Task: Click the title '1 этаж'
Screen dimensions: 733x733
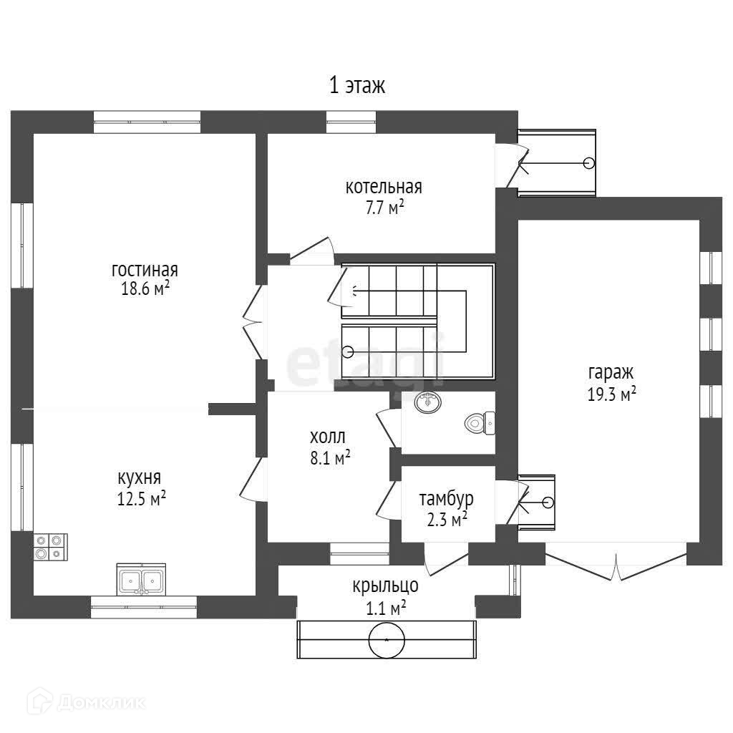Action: tap(356, 87)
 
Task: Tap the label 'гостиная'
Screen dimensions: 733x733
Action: tap(145, 271)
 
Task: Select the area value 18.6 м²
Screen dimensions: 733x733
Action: tap(145, 288)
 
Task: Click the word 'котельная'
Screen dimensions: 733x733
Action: tap(384, 188)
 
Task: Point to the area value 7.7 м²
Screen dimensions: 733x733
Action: tap(384, 207)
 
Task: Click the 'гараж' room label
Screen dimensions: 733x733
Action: tap(611, 373)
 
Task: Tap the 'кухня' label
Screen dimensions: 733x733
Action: tap(140, 478)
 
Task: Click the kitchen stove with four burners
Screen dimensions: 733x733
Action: tap(50, 547)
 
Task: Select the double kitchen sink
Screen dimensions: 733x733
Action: tap(142, 579)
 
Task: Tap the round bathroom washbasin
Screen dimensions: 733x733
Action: tap(429, 402)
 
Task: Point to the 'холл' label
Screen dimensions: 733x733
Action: tap(327, 437)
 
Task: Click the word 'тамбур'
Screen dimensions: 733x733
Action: tap(446, 498)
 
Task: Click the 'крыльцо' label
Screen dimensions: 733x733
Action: tap(385, 587)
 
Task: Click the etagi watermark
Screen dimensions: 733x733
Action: tap(365, 361)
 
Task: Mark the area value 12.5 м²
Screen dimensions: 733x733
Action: tap(142, 498)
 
